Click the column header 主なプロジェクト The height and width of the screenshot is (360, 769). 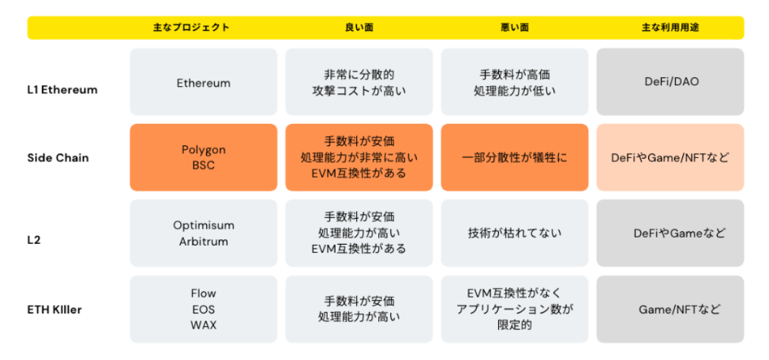(191, 28)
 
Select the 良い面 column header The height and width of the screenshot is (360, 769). (359, 28)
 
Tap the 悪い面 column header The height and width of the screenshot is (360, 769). (515, 28)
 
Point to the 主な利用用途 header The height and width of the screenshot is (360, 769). (670, 28)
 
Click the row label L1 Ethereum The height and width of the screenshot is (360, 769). (62, 90)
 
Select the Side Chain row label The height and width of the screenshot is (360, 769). (58, 158)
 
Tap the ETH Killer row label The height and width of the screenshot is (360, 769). (55, 310)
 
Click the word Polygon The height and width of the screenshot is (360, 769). (204, 149)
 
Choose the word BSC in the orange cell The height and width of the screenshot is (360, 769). (204, 165)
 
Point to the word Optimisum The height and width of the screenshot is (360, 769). (204, 225)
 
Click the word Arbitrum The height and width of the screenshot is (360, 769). (204, 242)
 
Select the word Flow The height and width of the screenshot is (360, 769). (204, 294)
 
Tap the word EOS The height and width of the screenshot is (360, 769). (204, 309)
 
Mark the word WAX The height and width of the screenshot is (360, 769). (204, 325)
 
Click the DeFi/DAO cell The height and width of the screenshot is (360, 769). (670, 82)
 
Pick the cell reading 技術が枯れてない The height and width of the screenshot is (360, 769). (515, 233)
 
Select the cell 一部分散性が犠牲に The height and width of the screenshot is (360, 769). (515, 157)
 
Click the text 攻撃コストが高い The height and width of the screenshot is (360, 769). (359, 91)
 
